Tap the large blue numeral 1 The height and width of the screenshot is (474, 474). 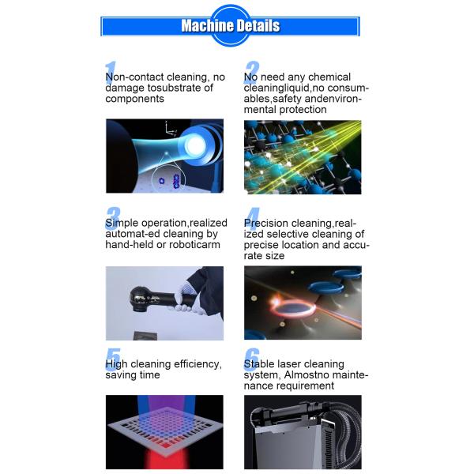click(111, 73)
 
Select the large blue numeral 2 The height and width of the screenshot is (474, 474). click(251, 73)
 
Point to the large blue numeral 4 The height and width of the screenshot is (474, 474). click(252, 218)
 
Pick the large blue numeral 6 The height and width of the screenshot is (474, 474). click(251, 359)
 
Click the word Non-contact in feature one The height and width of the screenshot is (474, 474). click(134, 77)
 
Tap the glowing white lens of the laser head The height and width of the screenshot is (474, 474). click(196, 145)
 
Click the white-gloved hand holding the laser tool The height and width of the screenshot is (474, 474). click(185, 299)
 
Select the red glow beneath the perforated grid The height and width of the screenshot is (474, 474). click(165, 458)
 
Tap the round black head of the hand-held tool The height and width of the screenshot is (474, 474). click(140, 299)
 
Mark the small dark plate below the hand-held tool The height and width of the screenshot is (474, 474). click(145, 335)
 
